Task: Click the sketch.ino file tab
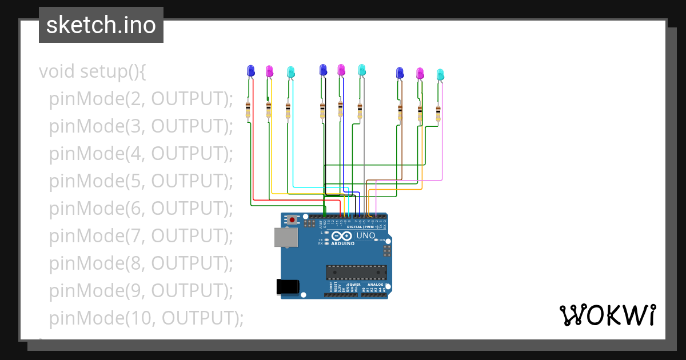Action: click(x=101, y=25)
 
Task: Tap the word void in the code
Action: click(x=57, y=71)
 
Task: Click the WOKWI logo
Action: click(x=607, y=315)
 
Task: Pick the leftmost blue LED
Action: click(x=250, y=70)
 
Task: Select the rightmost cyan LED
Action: click(x=440, y=74)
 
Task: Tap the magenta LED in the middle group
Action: click(x=341, y=70)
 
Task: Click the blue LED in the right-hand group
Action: click(x=400, y=73)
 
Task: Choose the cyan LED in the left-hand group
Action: click(x=290, y=71)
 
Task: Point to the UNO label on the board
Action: click(x=366, y=235)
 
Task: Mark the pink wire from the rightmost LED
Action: click(x=442, y=143)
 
